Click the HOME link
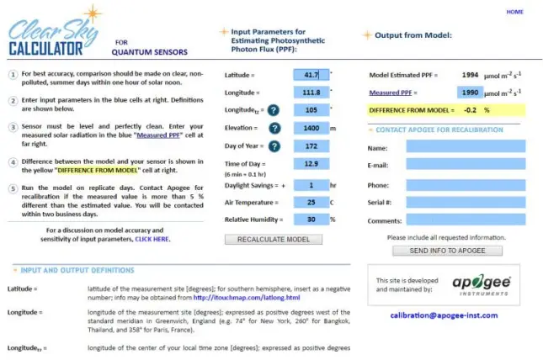[x=514, y=12]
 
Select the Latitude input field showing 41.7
[x=311, y=75]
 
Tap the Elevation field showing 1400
[x=311, y=128]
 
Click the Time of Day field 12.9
[x=311, y=166]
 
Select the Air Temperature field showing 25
[x=311, y=202]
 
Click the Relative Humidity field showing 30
[x=311, y=220]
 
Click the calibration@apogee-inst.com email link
[x=443, y=315]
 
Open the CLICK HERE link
[x=152, y=239]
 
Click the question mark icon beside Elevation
[x=274, y=128]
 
